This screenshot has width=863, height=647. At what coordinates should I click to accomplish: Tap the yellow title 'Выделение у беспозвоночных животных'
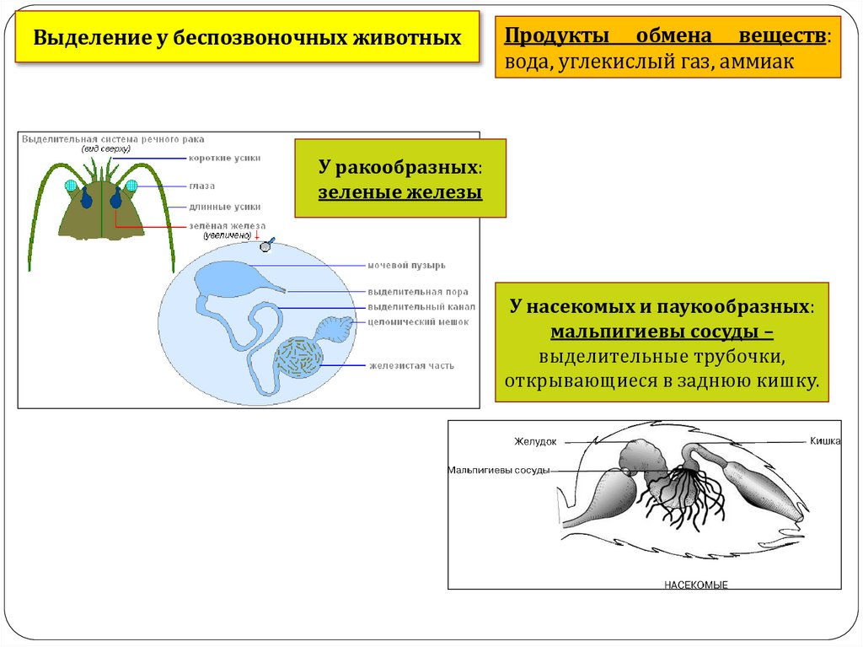click(247, 38)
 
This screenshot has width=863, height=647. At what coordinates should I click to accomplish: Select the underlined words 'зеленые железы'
click(399, 192)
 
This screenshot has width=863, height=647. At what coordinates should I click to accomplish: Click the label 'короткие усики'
click(225, 158)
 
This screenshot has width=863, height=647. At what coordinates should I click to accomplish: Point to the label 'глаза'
click(202, 186)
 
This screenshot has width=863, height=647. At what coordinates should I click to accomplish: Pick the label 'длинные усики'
click(225, 207)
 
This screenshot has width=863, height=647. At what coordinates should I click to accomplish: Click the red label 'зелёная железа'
click(227, 226)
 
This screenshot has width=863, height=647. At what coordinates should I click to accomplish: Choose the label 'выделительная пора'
click(412, 293)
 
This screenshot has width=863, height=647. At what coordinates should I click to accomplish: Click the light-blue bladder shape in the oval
click(228, 278)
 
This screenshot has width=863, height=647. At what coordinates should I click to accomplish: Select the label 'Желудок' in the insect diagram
click(537, 440)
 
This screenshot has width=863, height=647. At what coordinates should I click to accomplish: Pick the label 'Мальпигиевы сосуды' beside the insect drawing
click(498, 471)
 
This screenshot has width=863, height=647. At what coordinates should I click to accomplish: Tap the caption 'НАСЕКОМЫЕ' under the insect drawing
click(695, 584)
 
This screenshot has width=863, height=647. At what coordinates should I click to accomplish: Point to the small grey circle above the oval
click(265, 246)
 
